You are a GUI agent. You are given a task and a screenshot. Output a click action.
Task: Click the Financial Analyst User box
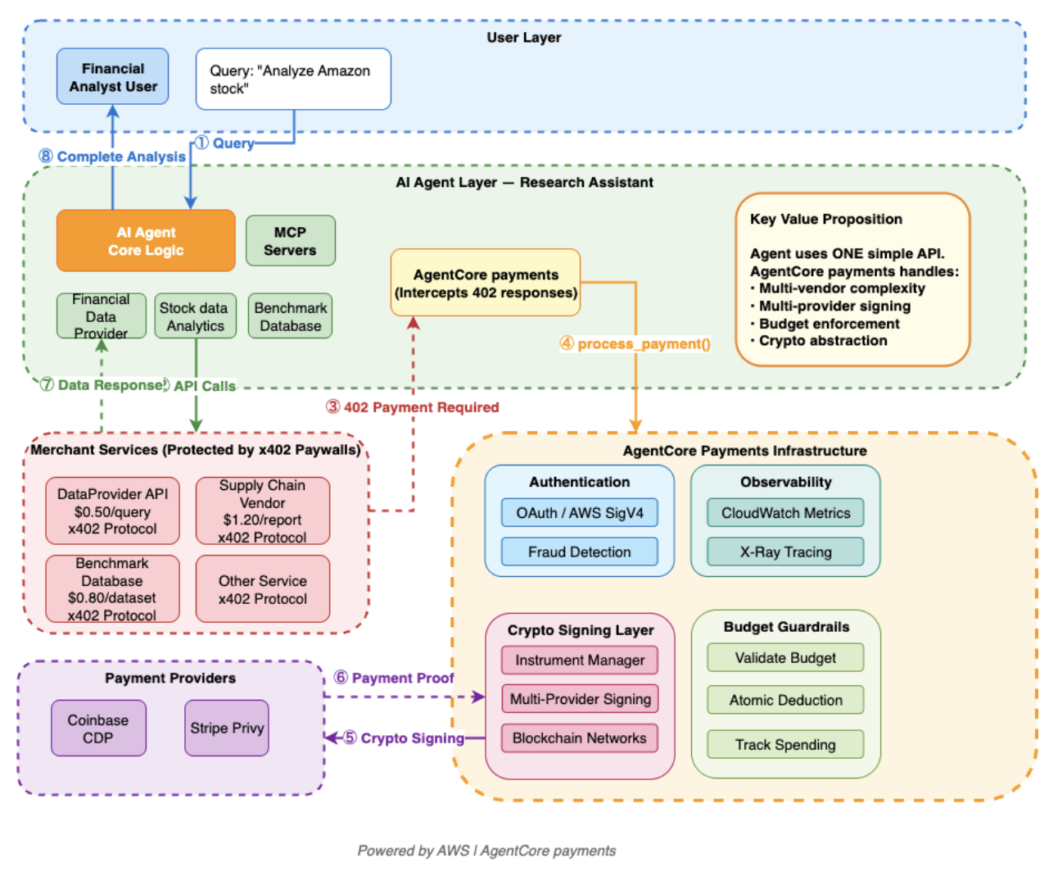pos(112,76)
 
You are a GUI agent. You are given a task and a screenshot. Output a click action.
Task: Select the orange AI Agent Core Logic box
pos(146,241)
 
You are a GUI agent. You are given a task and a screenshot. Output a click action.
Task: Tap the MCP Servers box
pos(291,241)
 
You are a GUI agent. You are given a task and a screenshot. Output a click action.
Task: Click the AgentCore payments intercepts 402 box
pos(486,283)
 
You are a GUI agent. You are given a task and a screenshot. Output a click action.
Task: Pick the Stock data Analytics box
pos(196,316)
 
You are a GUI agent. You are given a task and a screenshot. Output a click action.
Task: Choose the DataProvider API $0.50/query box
pos(112,511)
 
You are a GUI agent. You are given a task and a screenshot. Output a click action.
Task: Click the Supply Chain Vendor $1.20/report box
pos(263,511)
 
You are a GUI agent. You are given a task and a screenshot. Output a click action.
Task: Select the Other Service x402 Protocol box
pos(263,589)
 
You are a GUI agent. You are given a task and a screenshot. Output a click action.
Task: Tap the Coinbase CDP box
pos(98,729)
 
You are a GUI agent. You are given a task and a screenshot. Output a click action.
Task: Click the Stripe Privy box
pos(227,729)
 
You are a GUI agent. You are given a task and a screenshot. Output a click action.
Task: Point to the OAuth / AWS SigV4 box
pos(580,513)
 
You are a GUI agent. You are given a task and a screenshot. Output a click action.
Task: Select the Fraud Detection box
pos(580,552)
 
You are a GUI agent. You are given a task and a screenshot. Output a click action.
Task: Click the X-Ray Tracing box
pos(786,552)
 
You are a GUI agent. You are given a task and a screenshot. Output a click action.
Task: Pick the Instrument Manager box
pos(580,661)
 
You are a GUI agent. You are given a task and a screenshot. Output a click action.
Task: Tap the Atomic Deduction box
pos(786,701)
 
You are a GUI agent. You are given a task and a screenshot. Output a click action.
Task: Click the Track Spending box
pos(786,745)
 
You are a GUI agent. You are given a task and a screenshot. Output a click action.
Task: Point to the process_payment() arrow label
pos(635,344)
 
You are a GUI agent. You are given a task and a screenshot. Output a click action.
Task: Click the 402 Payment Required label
pos(413,407)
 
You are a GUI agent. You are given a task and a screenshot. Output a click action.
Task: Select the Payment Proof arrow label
pos(394,678)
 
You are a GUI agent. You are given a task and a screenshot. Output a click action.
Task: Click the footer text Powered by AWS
pos(414,851)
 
